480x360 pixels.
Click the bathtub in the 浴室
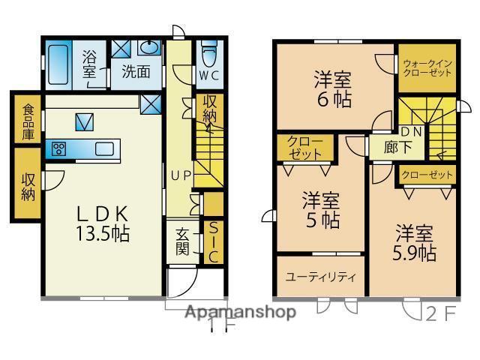coord(59,64)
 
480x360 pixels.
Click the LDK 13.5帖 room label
coord(103,223)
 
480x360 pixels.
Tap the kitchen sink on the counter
coord(104,148)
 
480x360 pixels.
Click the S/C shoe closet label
coord(213,241)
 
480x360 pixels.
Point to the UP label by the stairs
coord(181,176)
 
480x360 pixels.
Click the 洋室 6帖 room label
coord(333,88)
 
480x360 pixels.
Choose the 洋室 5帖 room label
coord(321,211)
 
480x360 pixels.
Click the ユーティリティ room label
coord(319,277)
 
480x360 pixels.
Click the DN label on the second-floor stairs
coord(411,132)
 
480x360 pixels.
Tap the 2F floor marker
coord(440,312)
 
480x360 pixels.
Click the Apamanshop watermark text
coord(241,312)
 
